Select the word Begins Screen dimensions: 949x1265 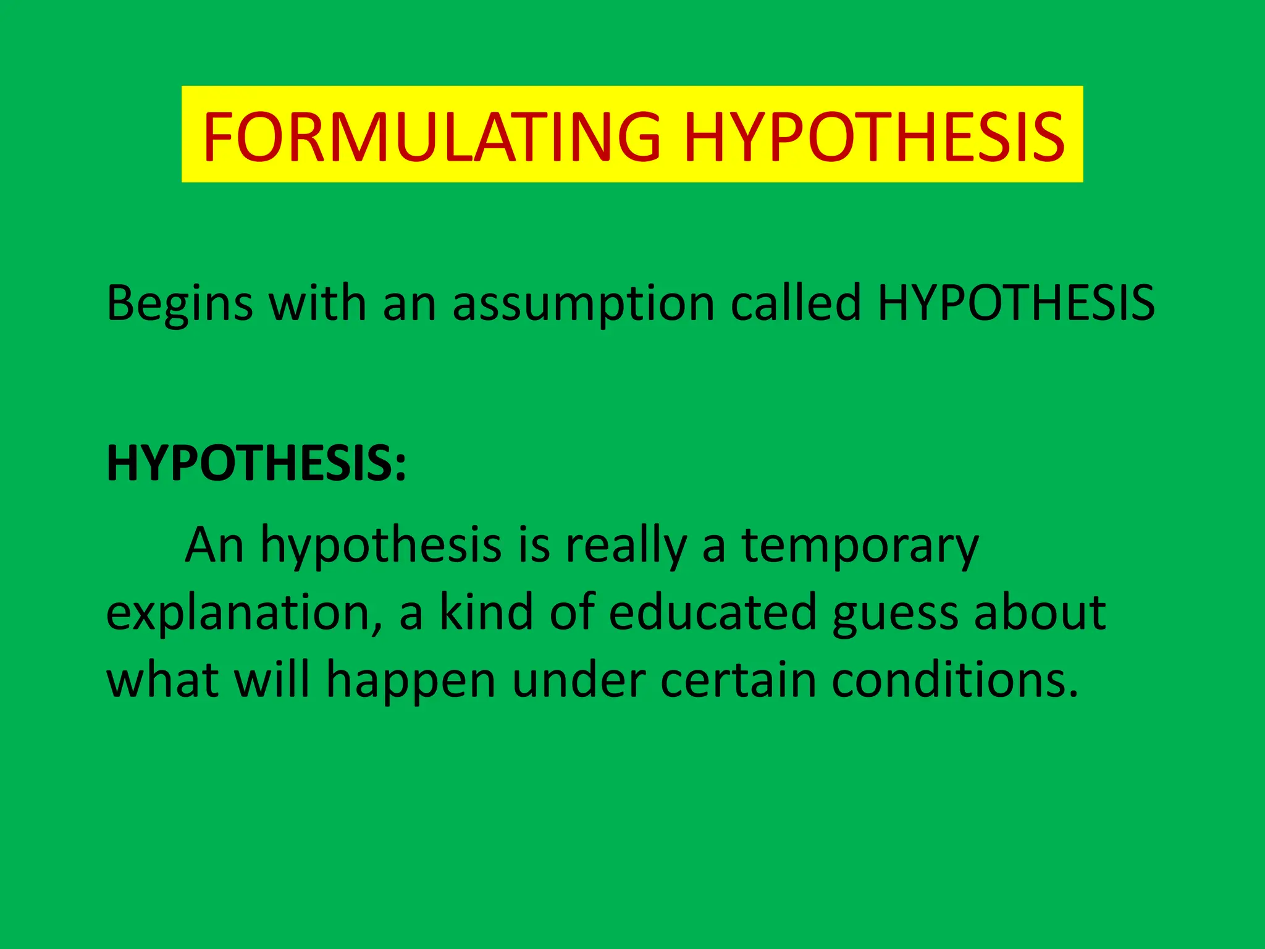180,304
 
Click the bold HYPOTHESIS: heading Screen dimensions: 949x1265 256,463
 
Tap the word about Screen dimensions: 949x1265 1040,612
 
